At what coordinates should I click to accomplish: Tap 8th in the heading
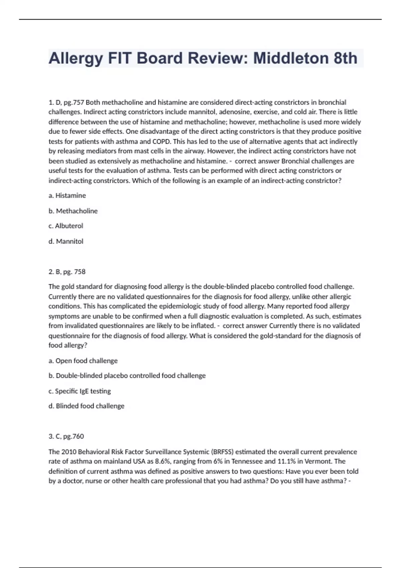click(345, 58)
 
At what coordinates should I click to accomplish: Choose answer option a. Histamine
click(67, 195)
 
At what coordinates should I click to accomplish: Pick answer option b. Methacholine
click(73, 211)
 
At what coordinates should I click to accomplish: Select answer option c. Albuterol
click(66, 226)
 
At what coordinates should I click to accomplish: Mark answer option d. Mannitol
click(66, 241)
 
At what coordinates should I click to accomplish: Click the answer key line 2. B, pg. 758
click(67, 272)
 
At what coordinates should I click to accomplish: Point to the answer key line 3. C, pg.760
click(66, 436)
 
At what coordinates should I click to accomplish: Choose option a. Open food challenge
click(83, 361)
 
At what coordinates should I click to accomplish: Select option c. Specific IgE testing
click(80, 391)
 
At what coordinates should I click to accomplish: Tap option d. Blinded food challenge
click(87, 406)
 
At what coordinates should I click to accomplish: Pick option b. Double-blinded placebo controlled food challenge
click(127, 376)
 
